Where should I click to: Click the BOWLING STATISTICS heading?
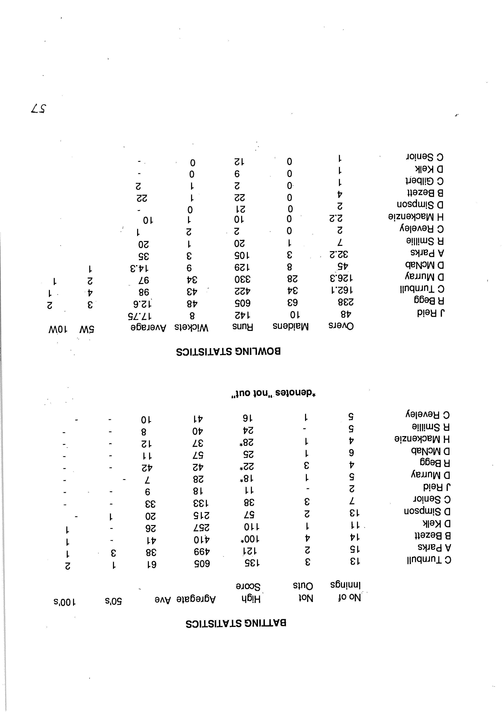pyautogui.click(x=228, y=352)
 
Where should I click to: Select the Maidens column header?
pyautogui.click(x=291, y=326)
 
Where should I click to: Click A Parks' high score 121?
pyautogui.click(x=251, y=551)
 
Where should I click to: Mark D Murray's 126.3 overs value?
pyautogui.click(x=342, y=277)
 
